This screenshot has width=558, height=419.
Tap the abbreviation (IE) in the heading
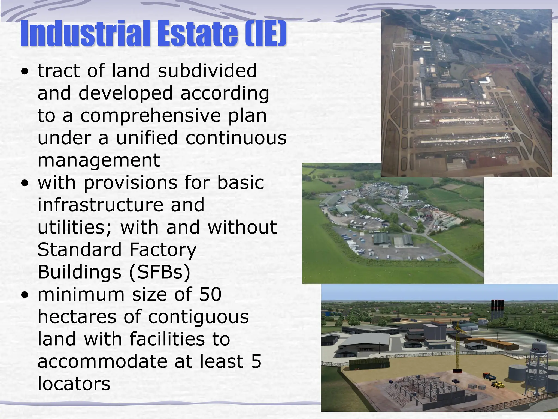coord(265,34)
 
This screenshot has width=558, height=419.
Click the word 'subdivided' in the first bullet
coord(207,71)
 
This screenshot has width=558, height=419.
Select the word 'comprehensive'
coord(150,115)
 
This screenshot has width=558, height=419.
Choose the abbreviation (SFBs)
coord(160,272)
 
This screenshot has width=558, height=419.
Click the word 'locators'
coord(74,384)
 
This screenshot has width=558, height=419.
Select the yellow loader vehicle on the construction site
coord(498,385)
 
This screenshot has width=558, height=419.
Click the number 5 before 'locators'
coord(256,361)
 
